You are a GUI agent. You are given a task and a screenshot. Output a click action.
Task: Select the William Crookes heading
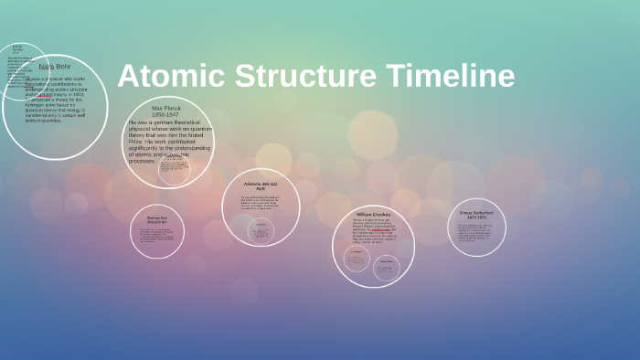point(373,215)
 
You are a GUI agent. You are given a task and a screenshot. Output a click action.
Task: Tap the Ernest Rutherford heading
point(476,214)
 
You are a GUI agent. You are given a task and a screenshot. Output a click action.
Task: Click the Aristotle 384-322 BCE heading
point(261,186)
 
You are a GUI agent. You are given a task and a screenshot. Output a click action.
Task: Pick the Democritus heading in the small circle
point(157,219)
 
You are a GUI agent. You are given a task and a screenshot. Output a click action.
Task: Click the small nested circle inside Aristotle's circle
point(262,230)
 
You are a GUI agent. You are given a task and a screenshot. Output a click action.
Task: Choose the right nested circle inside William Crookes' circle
point(386,267)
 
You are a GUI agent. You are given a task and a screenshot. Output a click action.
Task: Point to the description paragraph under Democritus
point(157,237)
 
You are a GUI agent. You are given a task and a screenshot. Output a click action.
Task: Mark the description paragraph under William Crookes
point(373,232)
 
